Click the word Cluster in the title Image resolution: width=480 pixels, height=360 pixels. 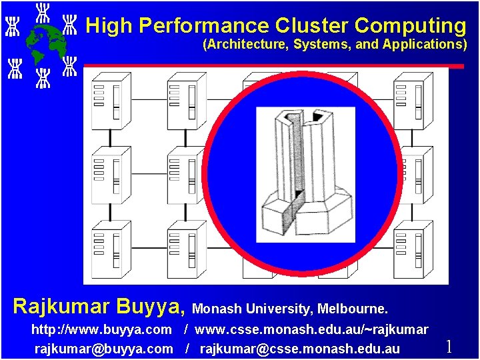tap(312, 26)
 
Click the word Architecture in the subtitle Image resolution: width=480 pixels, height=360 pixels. tap(247, 45)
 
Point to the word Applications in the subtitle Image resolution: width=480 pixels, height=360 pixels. tap(424, 45)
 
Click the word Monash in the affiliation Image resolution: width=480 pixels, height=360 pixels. tap(217, 309)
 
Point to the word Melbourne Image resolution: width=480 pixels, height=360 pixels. tap(352, 309)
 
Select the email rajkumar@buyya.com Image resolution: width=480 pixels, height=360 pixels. tap(103, 348)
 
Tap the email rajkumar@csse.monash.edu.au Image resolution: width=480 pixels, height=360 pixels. tap(300, 348)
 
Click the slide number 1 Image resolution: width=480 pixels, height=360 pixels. tap(449, 346)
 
